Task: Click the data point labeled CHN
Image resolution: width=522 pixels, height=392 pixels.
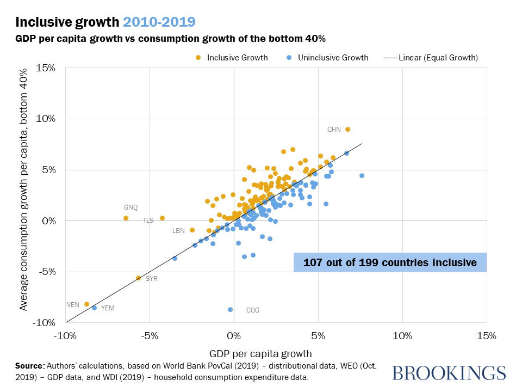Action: click(348, 129)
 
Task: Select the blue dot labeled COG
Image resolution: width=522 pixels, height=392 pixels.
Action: click(231, 309)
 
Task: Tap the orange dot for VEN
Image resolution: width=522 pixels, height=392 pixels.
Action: click(87, 304)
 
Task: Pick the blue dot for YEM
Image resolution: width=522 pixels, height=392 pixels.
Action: click(95, 308)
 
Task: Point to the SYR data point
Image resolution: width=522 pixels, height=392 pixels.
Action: click(139, 278)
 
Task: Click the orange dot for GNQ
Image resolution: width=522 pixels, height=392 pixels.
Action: click(126, 218)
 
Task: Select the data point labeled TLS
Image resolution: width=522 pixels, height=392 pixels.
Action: click(162, 218)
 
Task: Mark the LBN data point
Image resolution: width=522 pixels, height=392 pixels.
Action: click(192, 230)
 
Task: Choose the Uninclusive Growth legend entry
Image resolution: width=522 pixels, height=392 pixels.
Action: click(327, 58)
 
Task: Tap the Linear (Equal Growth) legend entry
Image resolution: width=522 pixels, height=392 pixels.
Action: click(432, 58)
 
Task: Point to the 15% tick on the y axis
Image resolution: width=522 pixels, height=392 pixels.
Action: click(46, 68)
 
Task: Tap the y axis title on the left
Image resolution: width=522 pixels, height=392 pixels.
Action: click(24, 191)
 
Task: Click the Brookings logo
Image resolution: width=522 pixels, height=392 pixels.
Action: click(449, 373)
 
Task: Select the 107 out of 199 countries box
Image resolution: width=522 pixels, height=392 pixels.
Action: click(390, 262)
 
